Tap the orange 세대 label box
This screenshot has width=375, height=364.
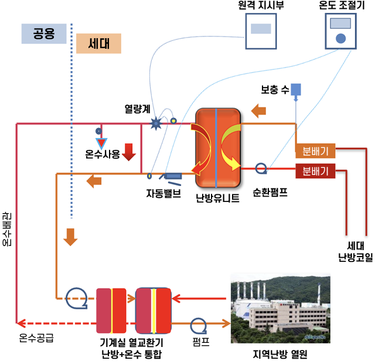click(98, 43)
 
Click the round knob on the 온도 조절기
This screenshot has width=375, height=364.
click(340, 39)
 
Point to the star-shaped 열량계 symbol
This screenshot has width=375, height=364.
click(156, 123)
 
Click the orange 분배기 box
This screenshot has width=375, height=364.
click(315, 150)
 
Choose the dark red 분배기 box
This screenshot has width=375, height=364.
click(315, 171)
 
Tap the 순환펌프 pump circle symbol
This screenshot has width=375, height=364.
click(261, 170)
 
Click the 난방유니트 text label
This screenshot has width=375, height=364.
click(217, 198)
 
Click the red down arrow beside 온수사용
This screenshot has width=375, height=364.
click(129, 152)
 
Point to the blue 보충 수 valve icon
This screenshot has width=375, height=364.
click(296, 90)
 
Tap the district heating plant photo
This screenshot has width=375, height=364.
click(279, 312)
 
